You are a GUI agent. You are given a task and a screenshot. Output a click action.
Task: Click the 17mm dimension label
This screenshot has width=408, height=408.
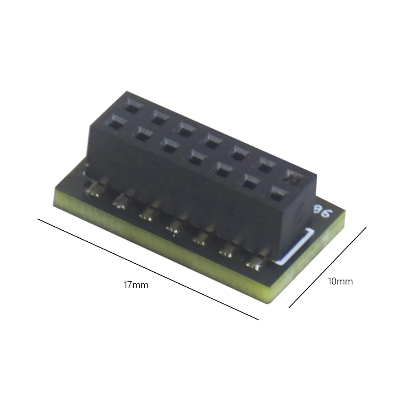136,285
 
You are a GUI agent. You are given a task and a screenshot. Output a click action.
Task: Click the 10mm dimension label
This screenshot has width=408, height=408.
340,281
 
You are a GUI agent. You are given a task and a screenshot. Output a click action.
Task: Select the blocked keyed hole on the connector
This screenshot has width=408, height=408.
293,177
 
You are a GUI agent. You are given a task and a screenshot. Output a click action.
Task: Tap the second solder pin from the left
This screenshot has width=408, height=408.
121,201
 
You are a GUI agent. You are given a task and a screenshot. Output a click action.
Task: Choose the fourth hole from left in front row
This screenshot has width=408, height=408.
196,157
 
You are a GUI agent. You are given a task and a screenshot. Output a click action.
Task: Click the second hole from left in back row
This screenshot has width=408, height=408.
160,117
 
